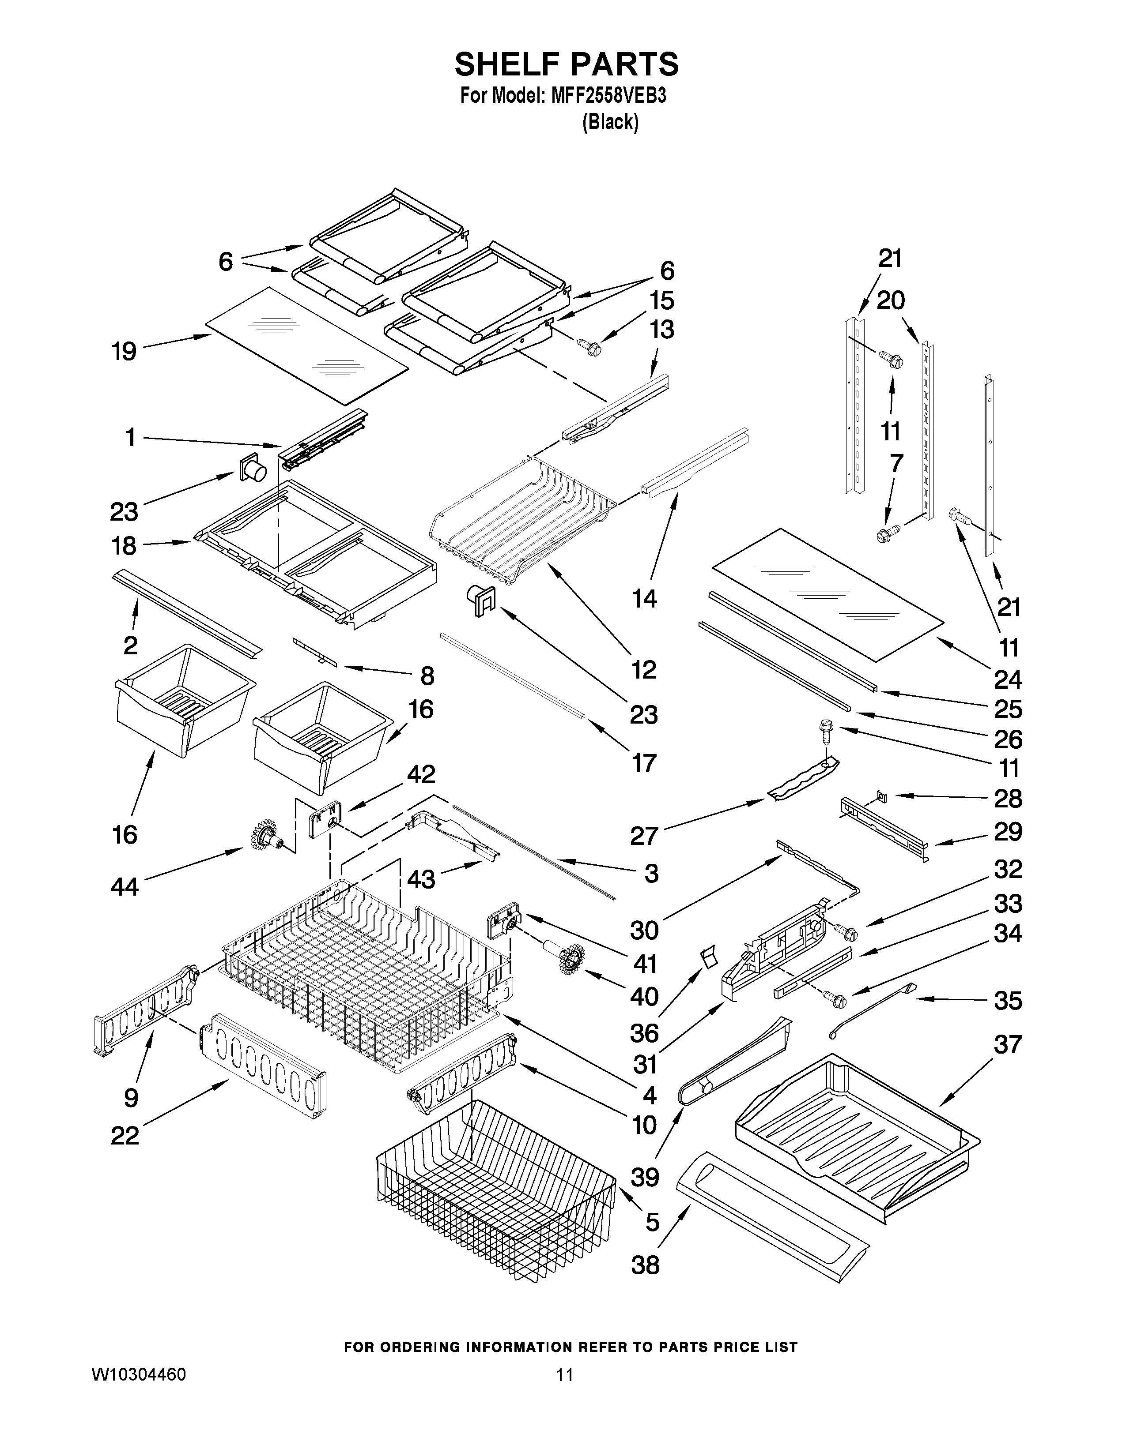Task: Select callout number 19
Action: (x=125, y=351)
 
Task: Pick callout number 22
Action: (x=125, y=1135)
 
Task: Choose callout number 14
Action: (x=644, y=599)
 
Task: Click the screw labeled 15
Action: (x=590, y=347)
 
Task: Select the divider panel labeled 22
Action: (x=264, y=1074)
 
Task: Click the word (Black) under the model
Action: (x=610, y=122)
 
